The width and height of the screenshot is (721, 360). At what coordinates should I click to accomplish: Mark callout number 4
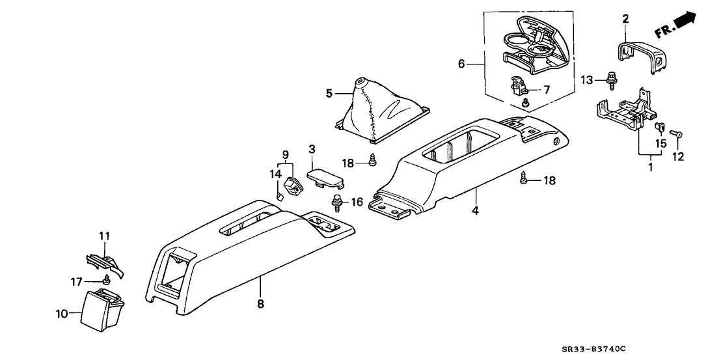point(475,211)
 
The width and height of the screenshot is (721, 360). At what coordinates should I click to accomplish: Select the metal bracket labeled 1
point(622,111)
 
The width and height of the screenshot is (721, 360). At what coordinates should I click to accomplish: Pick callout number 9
point(284,155)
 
